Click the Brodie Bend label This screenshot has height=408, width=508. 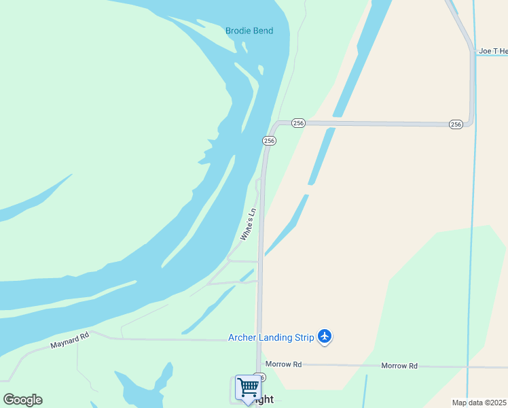point(250,31)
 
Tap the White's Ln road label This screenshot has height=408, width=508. point(249,224)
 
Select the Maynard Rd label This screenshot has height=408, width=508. point(70,340)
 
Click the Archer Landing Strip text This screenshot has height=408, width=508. point(271,337)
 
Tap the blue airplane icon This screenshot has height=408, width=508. point(325,336)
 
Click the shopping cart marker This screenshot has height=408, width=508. point(248,388)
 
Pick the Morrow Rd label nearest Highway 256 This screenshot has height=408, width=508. point(283,364)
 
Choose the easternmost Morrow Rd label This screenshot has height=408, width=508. point(399,366)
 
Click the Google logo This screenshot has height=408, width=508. point(22,400)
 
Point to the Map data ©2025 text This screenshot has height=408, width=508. point(479,403)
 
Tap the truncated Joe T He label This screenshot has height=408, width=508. point(492,51)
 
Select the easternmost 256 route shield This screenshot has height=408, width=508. point(456,124)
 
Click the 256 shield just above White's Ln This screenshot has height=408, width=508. point(269,140)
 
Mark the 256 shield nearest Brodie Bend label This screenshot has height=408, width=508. point(298,123)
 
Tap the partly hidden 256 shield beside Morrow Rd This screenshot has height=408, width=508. point(260,377)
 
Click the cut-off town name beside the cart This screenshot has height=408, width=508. point(265,400)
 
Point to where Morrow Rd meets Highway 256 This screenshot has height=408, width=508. point(259,364)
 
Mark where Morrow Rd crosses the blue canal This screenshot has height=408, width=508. point(468,367)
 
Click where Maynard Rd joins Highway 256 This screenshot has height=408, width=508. point(259,339)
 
